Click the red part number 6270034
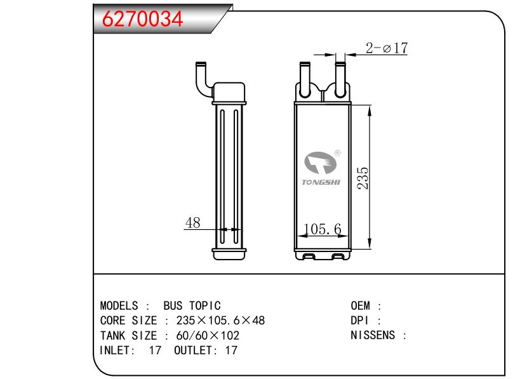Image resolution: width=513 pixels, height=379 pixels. point(139,20)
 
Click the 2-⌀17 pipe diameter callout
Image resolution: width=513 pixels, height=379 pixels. point(386,48)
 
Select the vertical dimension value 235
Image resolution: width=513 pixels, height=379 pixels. point(362,178)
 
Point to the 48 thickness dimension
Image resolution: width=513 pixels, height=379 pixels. point(192,223)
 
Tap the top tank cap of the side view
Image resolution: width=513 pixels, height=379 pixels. point(229,91)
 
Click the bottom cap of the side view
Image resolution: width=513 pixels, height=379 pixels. point(229,253)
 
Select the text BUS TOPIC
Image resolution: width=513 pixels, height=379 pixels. point(192,305)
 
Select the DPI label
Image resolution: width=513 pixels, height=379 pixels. point(361,320)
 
